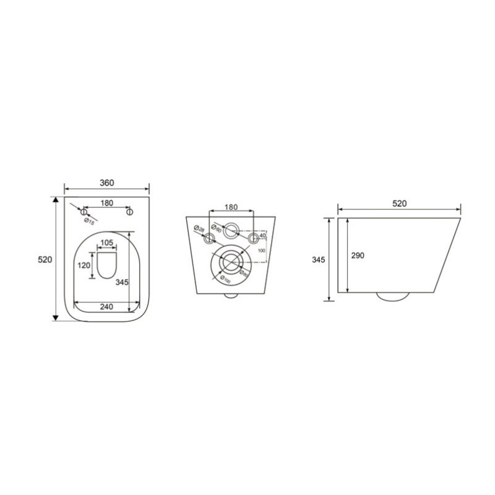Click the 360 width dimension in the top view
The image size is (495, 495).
pos(107,183)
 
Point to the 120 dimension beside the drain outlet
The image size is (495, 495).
pos(84,265)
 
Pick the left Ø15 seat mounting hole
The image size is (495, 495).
pos(84,212)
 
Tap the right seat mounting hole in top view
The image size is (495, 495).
pos(130,212)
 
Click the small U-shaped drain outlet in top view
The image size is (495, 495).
pos(107,264)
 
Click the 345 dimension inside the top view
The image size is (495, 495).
pos(121,282)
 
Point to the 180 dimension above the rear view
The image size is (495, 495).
pos(231,207)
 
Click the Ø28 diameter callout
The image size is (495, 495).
pos(199,230)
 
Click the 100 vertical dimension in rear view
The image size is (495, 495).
pos(261,251)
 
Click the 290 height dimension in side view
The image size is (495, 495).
pos(358,255)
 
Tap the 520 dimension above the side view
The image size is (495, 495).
pos(399,204)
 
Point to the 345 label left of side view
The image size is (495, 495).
pos(317,260)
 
